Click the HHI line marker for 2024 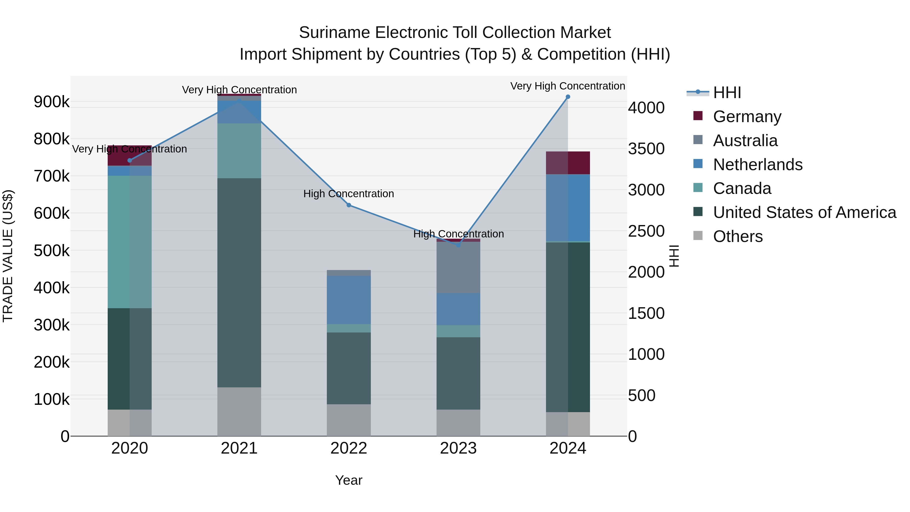pos(568,97)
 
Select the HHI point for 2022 pos(349,205)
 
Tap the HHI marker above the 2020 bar pos(130,160)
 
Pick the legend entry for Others pos(738,236)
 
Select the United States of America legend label pos(804,212)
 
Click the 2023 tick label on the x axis pos(458,448)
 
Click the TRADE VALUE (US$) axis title pos(8,256)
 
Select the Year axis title pos(349,480)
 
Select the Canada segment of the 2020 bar pos(130,242)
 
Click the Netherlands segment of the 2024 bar pos(568,208)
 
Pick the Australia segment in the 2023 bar pos(458,267)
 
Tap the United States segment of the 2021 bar pos(239,283)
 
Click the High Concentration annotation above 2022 pos(349,194)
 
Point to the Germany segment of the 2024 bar pos(568,163)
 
